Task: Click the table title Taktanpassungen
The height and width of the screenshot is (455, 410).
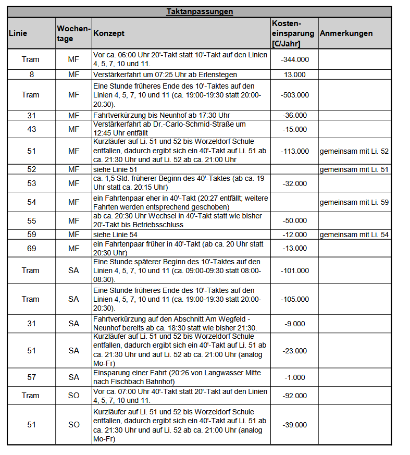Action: pos(200,11)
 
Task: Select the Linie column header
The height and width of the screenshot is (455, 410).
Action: pos(18,33)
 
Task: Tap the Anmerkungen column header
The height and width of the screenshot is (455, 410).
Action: pos(346,33)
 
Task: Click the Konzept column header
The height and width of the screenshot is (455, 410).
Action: pos(108,33)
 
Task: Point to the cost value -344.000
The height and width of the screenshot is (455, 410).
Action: pos(294,59)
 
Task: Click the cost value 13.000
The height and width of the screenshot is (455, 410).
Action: pos(295,75)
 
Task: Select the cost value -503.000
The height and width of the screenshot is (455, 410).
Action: pos(294,95)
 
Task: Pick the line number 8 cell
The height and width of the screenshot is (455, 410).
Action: pos(31,75)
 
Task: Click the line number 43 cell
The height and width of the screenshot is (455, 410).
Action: pos(31,129)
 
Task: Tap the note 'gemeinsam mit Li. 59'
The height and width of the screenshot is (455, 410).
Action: pos(354,202)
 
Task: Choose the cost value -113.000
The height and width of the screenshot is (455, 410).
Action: pos(294,151)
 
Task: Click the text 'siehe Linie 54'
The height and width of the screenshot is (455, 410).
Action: pos(115,235)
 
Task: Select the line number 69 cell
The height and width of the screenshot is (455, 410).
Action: pos(31,249)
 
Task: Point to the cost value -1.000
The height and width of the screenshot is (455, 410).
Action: pos(294,377)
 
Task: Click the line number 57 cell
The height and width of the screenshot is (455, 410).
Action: pos(31,377)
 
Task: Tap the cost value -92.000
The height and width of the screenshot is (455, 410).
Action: pos(294,396)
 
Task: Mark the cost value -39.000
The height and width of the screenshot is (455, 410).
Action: pos(294,425)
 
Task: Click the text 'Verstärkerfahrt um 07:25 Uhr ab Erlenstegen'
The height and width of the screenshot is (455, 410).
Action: pos(165,75)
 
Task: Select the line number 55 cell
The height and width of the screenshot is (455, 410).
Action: pos(31,220)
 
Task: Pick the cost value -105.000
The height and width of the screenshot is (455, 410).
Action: pos(294,299)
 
